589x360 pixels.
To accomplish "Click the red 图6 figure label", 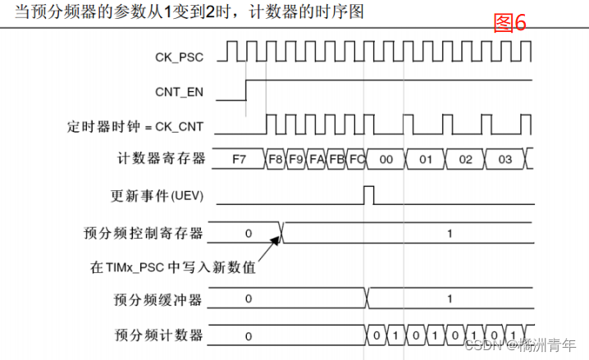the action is coord(509,23).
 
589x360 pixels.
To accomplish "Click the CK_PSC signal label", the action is coord(180,57).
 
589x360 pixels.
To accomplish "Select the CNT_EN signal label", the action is coord(180,92).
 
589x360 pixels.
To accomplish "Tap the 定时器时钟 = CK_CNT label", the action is coord(135,127).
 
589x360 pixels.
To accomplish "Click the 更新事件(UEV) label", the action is coord(157,196).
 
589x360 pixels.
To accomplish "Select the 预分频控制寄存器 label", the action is coord(144,233).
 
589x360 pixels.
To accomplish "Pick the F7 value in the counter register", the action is coord(239,159).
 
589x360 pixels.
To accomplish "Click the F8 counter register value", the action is coord(276,159).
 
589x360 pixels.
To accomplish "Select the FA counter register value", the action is coord(317,159).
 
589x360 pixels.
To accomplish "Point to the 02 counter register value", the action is coord(465,159).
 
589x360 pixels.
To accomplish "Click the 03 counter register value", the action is coord(505,159).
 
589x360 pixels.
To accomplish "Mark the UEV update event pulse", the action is coord(369,195).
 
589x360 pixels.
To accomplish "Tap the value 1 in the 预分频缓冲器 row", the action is coord(449,298).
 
